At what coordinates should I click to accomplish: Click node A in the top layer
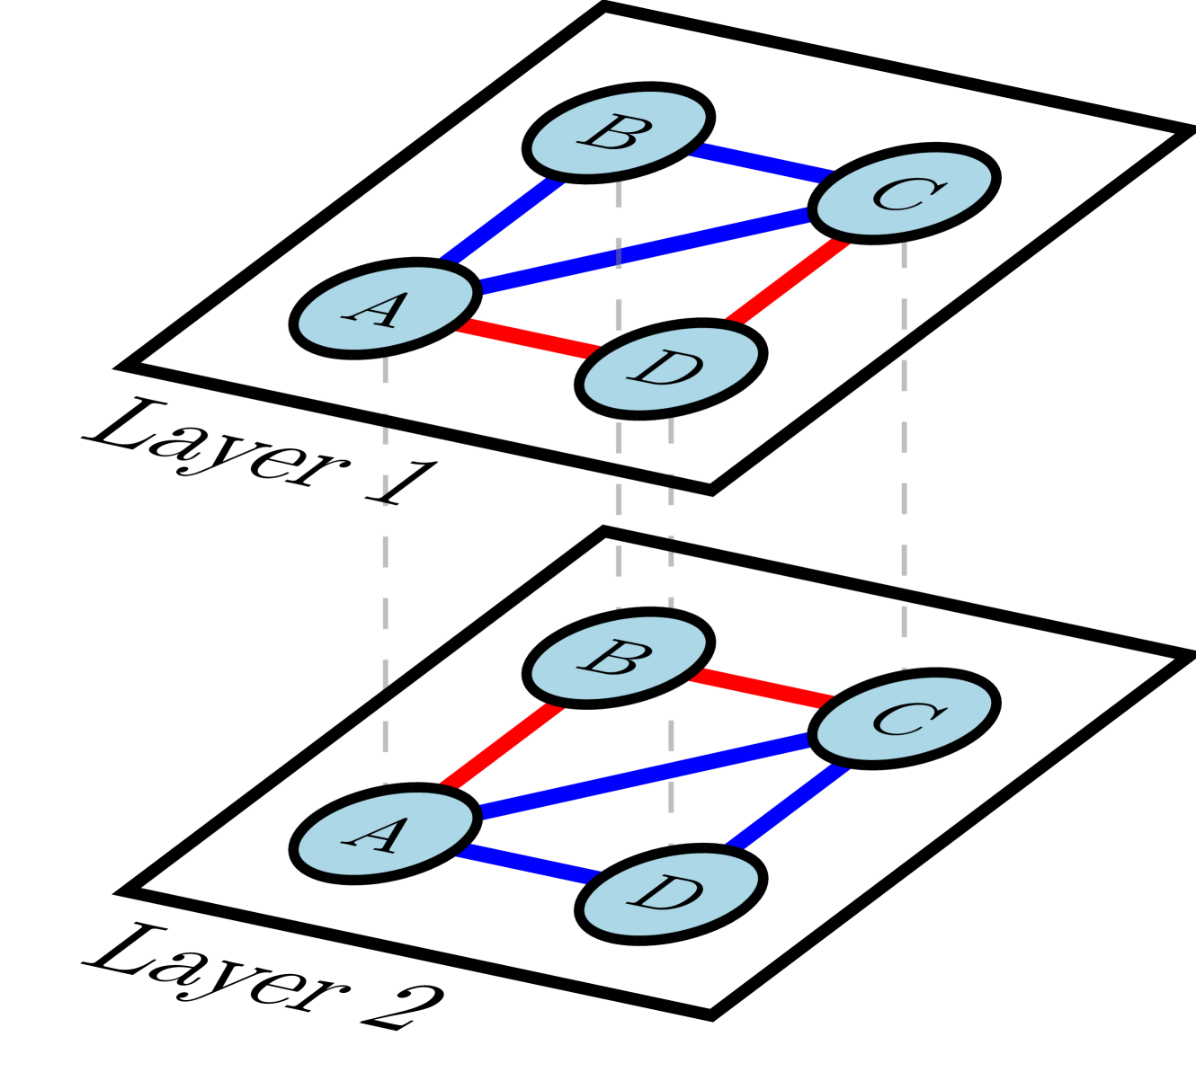pos(385,308)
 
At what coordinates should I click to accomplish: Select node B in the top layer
pos(619,133)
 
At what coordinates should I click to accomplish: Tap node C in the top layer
pos(904,193)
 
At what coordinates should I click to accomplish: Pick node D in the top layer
pos(671,368)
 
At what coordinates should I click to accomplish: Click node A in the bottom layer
pos(385,833)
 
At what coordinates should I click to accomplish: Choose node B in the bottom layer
pos(619,658)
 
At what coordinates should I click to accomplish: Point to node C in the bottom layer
pos(904,718)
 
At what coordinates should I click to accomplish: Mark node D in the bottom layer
pos(671,894)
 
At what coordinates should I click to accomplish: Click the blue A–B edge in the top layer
pos(502,220)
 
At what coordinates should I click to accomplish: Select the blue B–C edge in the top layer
pos(761,163)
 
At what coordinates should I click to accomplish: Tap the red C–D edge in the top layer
pos(788,280)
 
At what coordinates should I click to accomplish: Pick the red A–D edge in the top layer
pos(528,339)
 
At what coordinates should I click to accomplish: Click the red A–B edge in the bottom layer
pos(502,746)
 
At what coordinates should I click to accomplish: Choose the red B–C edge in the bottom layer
pos(761,687)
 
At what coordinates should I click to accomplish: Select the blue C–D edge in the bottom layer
pos(788,806)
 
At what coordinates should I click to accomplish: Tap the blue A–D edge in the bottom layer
pos(528,864)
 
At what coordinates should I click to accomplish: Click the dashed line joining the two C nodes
pos(904,449)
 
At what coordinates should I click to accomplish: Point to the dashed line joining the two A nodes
pos(385,575)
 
